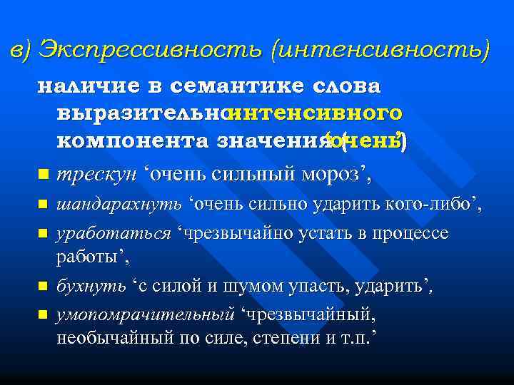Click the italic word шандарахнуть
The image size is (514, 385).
[121, 206]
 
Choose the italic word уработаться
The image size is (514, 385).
[114, 234]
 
